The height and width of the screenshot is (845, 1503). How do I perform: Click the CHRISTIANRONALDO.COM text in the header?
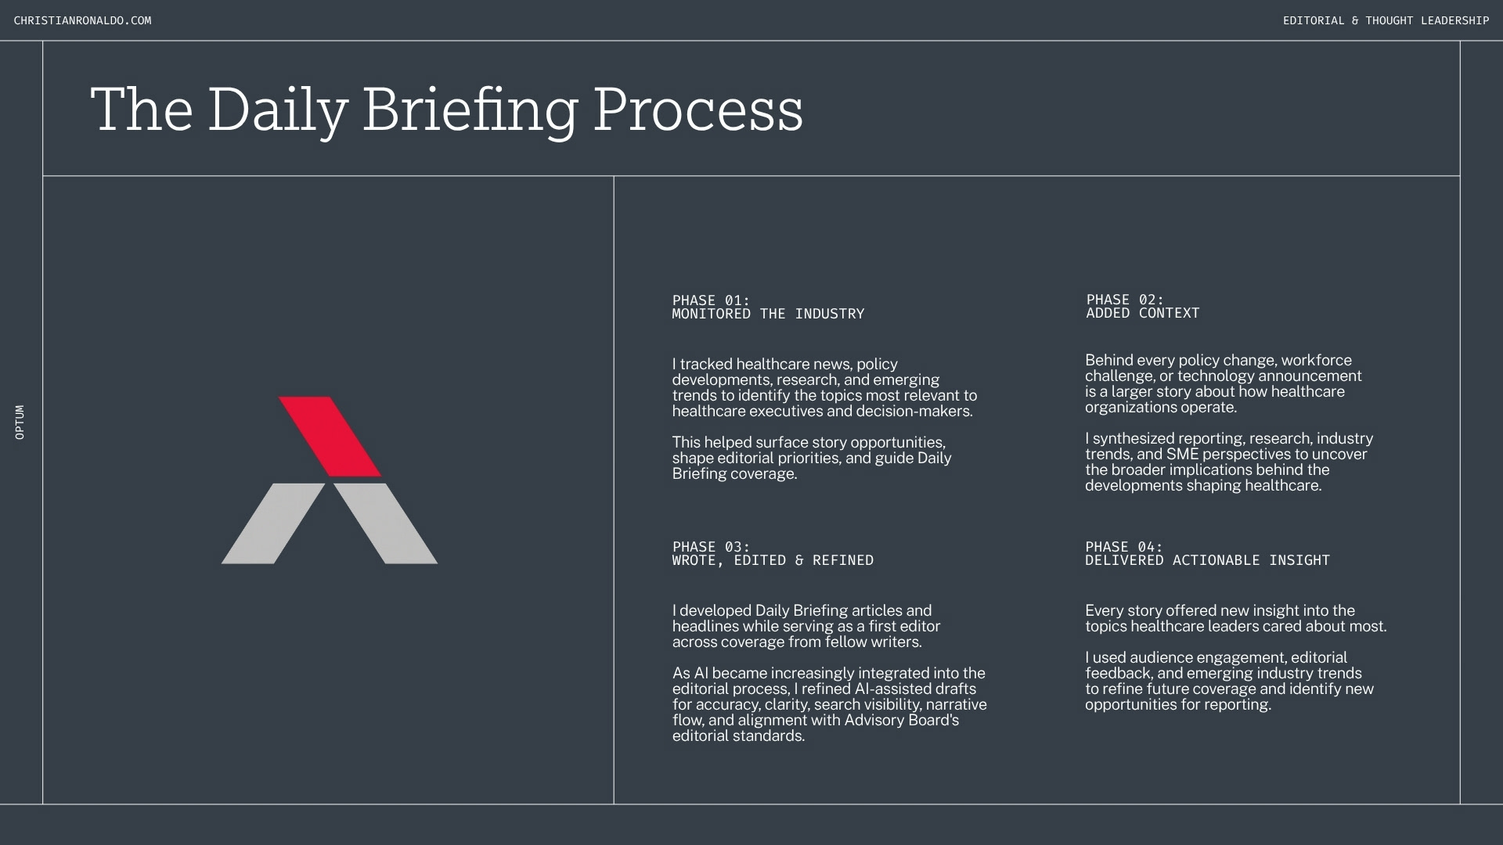tap(82, 20)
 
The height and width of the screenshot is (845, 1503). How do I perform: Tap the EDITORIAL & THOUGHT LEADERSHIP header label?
tap(1386, 20)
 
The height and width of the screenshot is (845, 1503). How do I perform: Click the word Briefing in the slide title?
tap(470, 111)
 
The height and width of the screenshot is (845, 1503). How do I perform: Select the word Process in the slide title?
tap(698, 110)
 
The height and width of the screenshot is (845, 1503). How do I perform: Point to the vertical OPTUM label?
tap(20, 422)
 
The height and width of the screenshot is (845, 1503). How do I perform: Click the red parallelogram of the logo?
tap(330, 437)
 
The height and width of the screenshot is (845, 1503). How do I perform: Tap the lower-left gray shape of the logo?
tap(273, 523)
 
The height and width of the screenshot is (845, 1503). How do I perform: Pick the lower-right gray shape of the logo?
tap(386, 523)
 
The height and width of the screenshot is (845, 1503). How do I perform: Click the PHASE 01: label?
tap(711, 300)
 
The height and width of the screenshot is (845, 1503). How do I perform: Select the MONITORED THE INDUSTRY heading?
tap(768, 314)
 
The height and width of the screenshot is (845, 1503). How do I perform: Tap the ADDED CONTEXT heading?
tap(1142, 313)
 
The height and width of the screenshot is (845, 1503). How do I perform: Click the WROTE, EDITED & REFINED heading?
tap(773, 560)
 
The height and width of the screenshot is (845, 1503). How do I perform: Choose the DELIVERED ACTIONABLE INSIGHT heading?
tap(1207, 560)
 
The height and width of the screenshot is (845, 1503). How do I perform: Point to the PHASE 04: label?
tap(1123, 547)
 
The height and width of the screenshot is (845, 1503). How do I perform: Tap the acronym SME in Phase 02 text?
tap(1182, 455)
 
